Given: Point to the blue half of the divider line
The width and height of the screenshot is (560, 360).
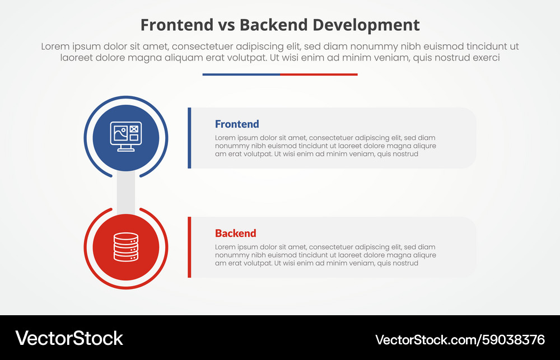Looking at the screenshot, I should coord(241,74).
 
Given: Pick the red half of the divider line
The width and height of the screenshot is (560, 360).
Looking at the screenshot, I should coord(319,74).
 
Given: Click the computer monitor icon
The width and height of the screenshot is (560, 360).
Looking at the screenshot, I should coord(126,137).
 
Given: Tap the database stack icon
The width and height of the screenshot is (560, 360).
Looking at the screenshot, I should coord(126,247).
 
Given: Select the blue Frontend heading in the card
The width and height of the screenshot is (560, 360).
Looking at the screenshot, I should coord(237,124).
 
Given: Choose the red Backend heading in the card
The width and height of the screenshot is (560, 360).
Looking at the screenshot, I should coord(235,233).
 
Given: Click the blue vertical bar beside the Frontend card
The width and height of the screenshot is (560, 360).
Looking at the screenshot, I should coord(189,138).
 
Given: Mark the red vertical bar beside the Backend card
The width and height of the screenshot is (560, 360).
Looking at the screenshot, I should coord(189,247).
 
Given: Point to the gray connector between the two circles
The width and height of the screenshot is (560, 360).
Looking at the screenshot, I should coord(126,192).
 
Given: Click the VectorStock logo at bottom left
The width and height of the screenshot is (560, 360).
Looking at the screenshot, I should coord(69,338).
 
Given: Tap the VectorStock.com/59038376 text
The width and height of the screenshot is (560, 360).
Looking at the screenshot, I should coord(460,339).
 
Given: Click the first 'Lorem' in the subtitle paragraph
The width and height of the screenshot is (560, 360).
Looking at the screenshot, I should coord(55,46).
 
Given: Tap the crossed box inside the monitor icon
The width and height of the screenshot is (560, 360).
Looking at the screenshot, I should coord(134,129).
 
